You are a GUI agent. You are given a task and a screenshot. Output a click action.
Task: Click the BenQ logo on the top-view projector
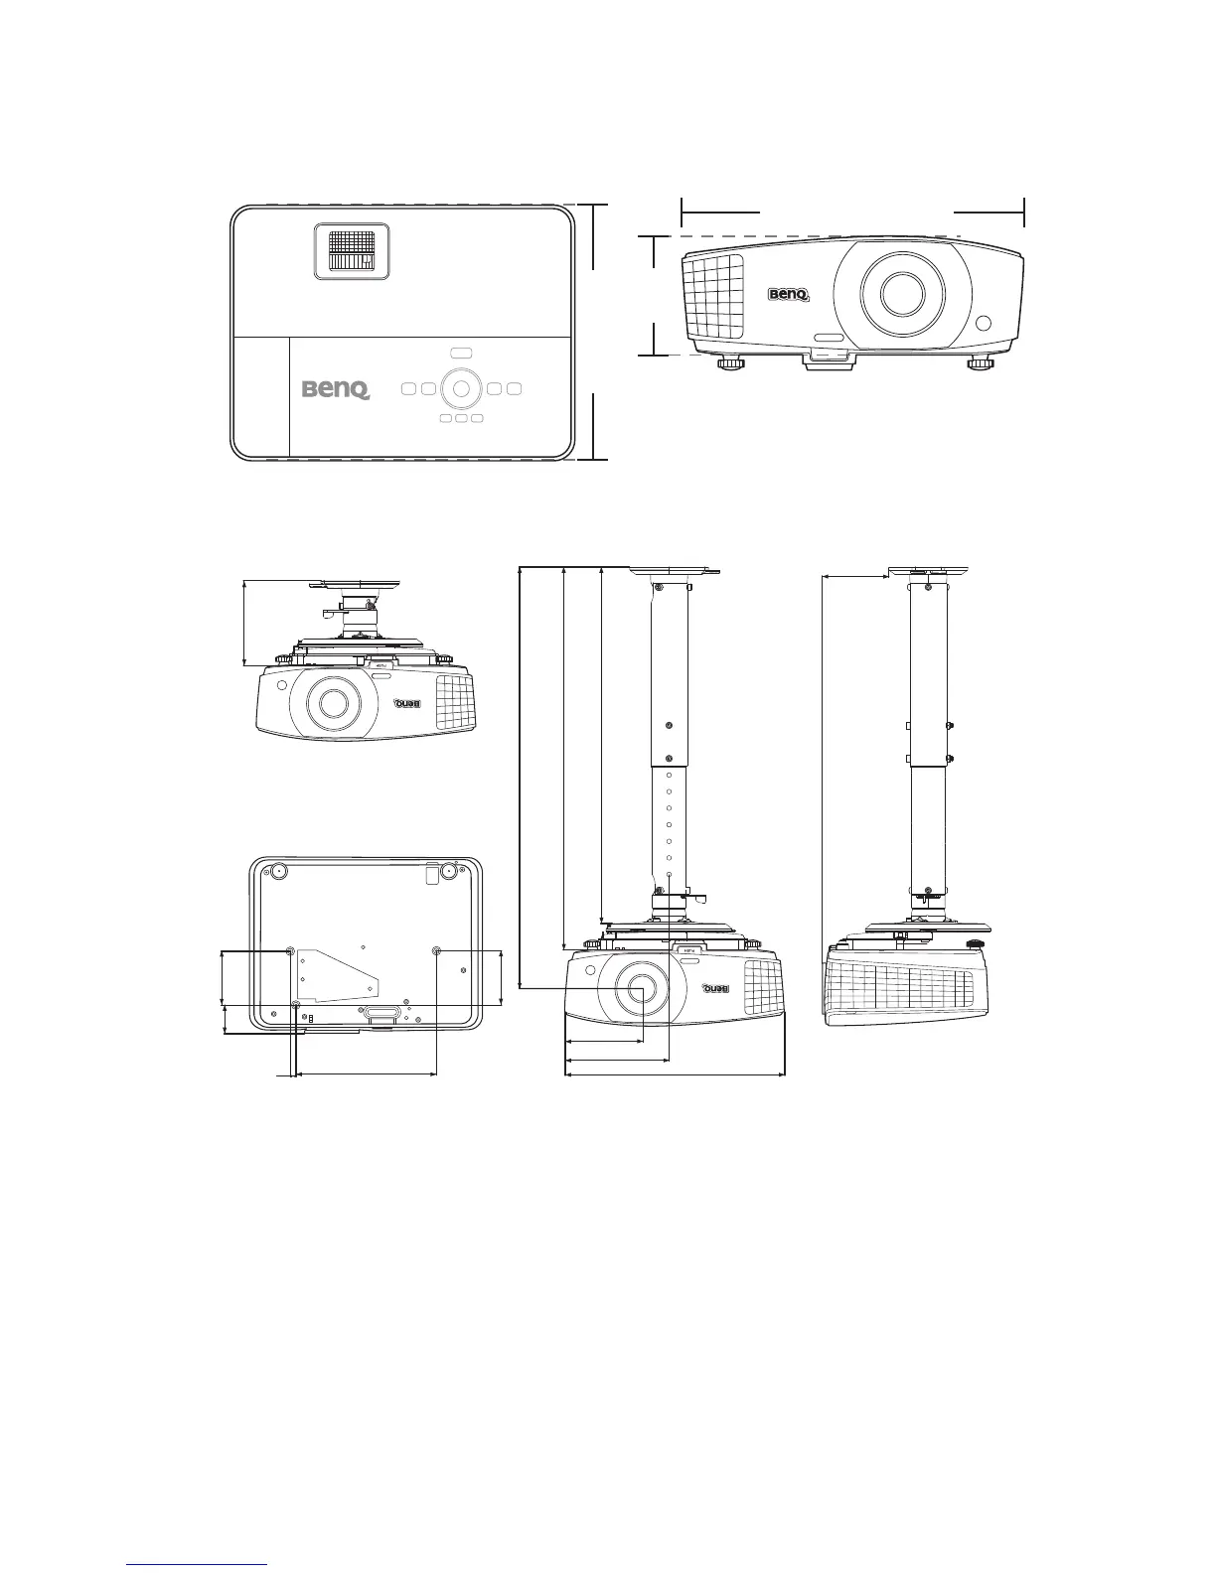point(336,389)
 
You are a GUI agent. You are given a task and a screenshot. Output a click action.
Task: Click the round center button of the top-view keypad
point(460,388)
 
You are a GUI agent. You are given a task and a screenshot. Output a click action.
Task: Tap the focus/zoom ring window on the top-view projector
point(352,250)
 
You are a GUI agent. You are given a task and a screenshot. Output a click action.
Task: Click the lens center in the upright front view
point(902,295)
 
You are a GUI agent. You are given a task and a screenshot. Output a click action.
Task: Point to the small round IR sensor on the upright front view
point(984,324)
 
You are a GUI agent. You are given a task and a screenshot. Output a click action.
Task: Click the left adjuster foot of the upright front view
point(731,363)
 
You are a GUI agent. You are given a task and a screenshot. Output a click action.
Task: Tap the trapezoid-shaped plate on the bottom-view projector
point(338,975)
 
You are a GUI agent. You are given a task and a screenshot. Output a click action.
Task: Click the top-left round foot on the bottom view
point(277,871)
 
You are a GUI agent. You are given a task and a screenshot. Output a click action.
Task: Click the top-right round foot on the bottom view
point(448,871)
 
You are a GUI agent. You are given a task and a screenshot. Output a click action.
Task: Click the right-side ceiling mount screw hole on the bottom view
point(439,951)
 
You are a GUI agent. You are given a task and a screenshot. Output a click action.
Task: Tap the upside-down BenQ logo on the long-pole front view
point(715,988)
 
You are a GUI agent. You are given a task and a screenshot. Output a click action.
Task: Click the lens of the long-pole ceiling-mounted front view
point(636,988)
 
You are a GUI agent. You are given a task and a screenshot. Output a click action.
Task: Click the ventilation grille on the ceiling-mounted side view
point(899,988)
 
